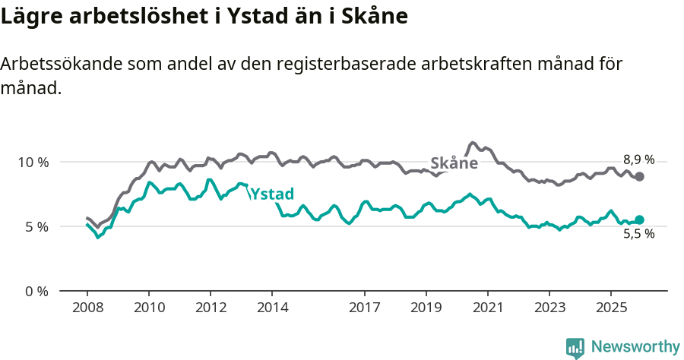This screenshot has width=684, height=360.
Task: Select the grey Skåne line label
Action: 454,163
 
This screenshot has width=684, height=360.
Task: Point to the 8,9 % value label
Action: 638,159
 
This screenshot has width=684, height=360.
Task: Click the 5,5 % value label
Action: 638,234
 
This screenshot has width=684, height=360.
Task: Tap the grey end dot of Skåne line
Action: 640,176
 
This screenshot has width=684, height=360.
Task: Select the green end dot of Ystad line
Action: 640,219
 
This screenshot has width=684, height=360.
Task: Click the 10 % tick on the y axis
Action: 33,162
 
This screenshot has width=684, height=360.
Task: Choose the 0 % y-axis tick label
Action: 36,291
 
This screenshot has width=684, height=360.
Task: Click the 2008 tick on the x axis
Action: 87,309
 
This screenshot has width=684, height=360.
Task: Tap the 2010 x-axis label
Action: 149,309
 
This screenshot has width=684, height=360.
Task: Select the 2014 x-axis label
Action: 272,309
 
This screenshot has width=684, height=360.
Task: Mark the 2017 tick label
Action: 364,309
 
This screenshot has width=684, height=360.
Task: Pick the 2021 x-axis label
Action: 487,309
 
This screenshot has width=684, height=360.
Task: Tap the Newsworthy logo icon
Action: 575,348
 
